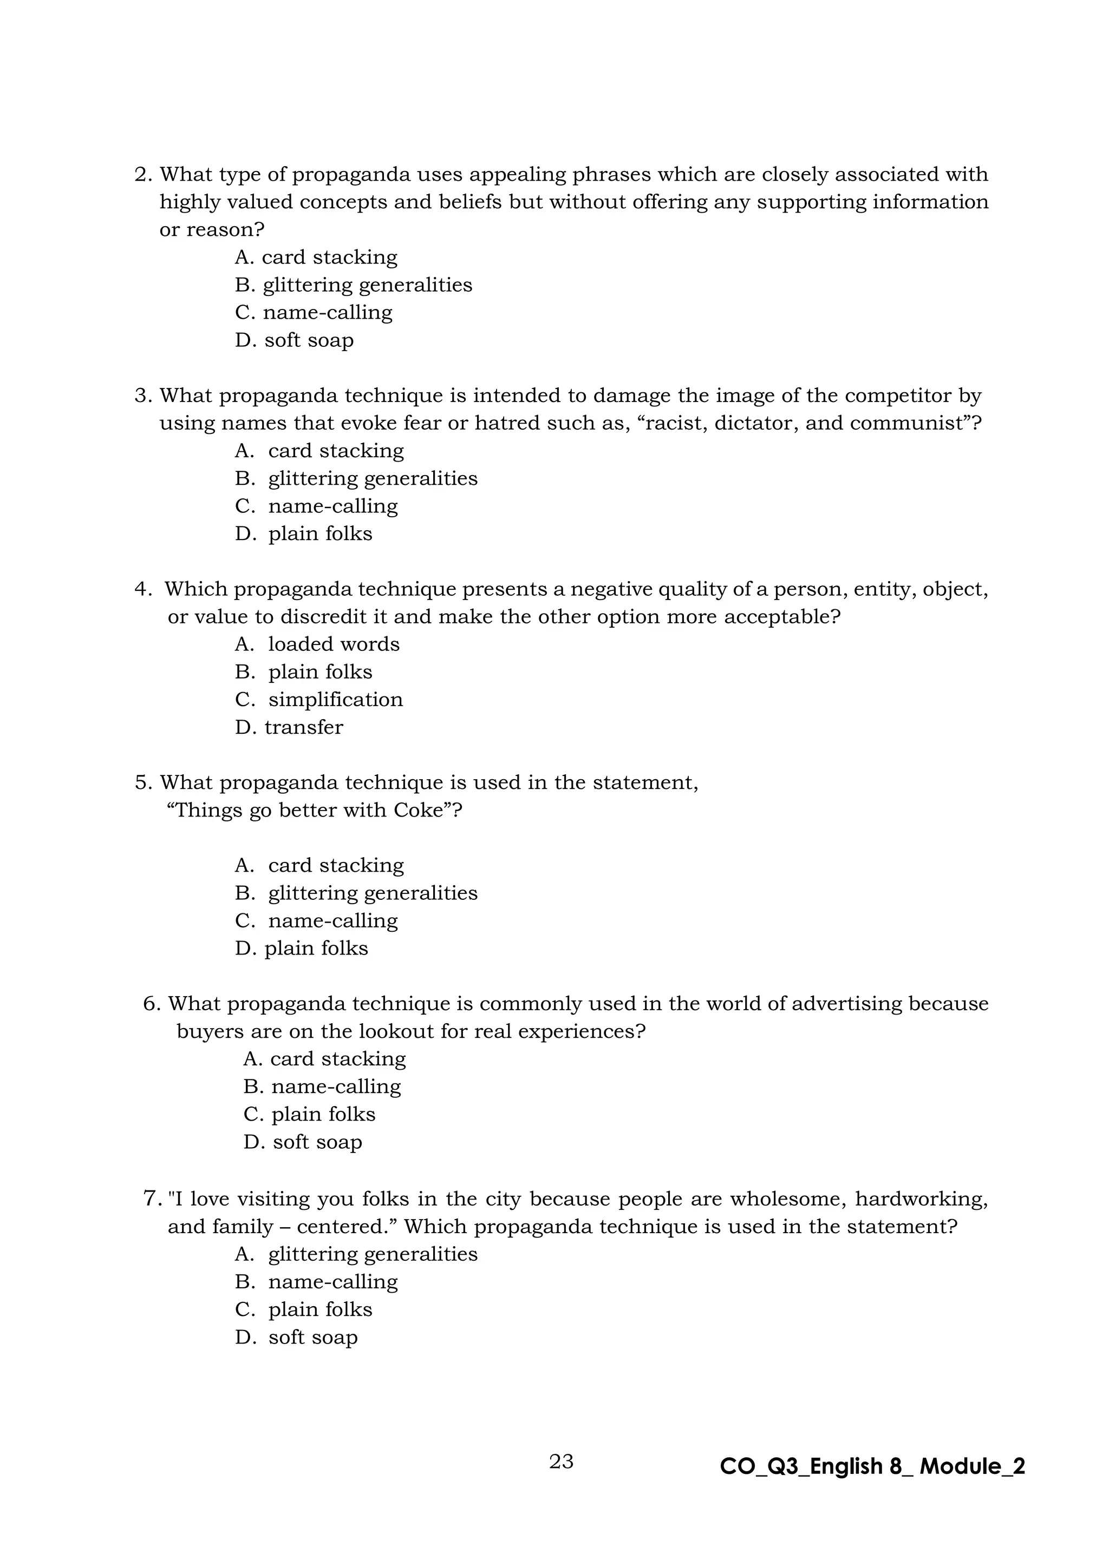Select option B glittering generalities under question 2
coord(354,285)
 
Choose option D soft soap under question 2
coord(295,340)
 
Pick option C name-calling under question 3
coord(316,506)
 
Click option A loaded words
coord(317,644)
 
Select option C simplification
coord(319,700)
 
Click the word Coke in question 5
coord(418,810)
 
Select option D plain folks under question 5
coord(301,949)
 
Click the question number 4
coord(143,589)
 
